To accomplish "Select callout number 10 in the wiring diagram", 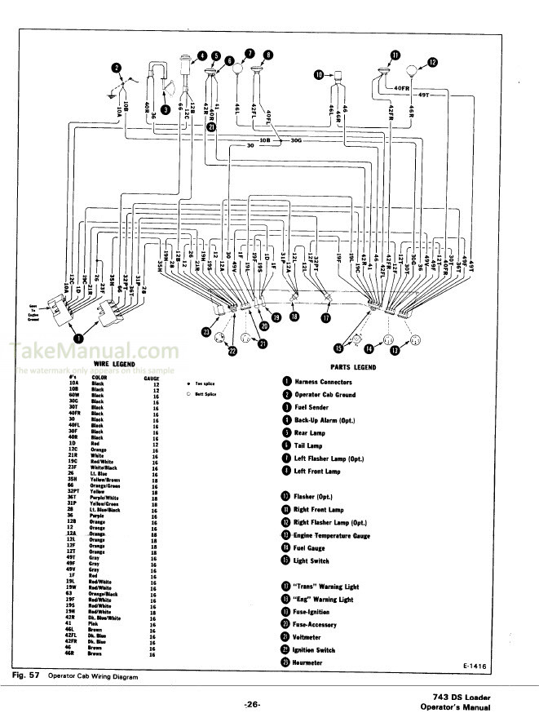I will click(319, 75).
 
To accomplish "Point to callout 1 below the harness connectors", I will click(79, 338).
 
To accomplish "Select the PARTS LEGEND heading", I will click(351, 367).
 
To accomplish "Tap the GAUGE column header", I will click(151, 379).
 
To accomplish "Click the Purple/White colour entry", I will click(104, 498).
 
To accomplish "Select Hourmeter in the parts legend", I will click(309, 662).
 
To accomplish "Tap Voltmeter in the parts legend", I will click(308, 637).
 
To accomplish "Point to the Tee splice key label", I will click(205, 382).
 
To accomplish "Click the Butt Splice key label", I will click(206, 394).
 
